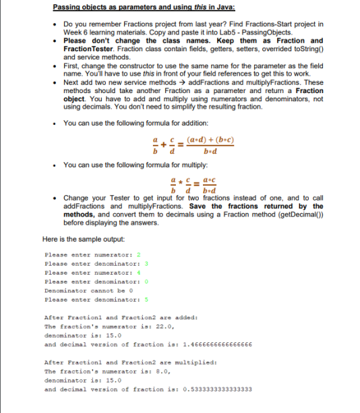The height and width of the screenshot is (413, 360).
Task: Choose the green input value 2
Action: [x=137, y=255]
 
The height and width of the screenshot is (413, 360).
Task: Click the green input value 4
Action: [x=137, y=273]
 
